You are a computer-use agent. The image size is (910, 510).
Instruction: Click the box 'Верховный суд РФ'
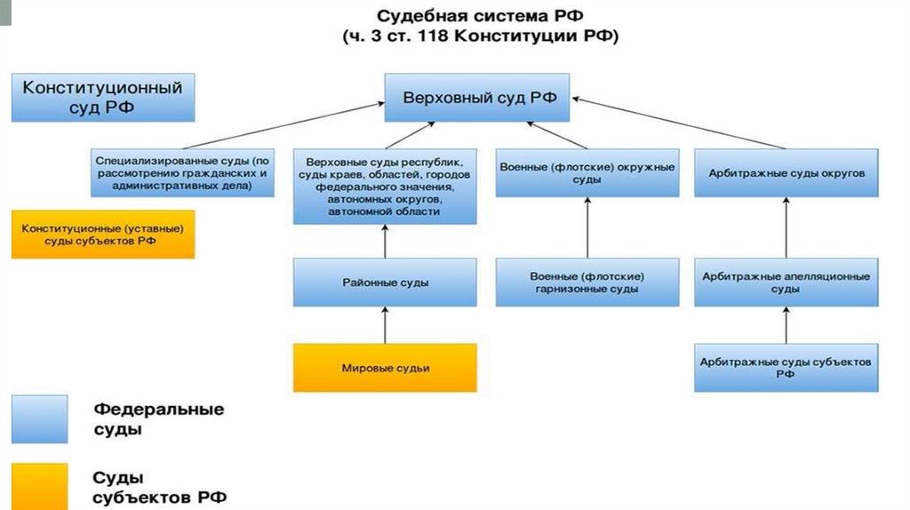(x=480, y=98)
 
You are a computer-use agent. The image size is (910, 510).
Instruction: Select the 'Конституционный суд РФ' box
(x=102, y=98)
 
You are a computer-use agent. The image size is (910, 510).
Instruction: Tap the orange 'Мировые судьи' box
(x=385, y=367)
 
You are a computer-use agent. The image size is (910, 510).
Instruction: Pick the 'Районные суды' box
(x=385, y=283)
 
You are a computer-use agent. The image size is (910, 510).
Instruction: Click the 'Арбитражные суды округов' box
(x=786, y=173)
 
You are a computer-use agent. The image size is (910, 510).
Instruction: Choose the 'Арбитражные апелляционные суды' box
(x=786, y=283)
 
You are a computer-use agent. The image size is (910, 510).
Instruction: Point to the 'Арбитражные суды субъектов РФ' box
(x=786, y=368)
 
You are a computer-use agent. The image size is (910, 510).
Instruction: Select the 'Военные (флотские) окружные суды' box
(x=587, y=173)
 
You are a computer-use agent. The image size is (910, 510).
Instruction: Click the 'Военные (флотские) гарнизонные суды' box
(x=587, y=283)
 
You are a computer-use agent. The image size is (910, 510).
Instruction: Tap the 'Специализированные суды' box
(x=182, y=173)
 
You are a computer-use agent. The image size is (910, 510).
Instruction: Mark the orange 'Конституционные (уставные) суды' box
(x=102, y=235)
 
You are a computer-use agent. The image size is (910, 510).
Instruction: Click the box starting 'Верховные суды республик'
(x=385, y=187)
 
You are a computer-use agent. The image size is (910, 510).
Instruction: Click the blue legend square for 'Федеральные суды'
(x=39, y=419)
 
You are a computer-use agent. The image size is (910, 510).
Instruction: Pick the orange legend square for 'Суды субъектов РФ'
(x=39, y=485)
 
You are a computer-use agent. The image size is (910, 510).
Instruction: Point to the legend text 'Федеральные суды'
(x=159, y=419)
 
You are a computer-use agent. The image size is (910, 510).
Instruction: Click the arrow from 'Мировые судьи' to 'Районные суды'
(x=385, y=325)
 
